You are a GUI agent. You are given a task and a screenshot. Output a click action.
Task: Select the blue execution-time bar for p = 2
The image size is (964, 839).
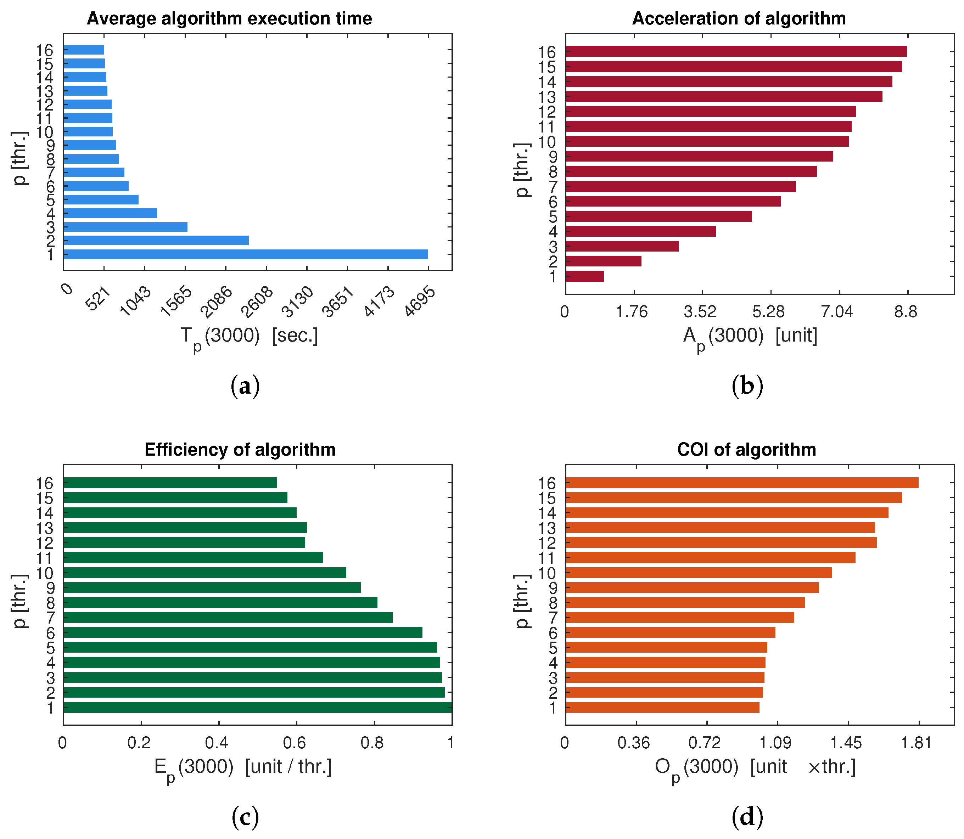click(156, 241)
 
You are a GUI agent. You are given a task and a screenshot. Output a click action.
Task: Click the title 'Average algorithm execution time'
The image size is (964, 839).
click(230, 19)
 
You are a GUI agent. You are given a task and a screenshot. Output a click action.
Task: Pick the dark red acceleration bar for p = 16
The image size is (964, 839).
click(736, 51)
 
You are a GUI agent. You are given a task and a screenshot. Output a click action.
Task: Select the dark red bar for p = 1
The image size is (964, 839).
click(584, 276)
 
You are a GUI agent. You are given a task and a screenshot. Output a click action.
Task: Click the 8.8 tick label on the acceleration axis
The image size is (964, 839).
click(906, 312)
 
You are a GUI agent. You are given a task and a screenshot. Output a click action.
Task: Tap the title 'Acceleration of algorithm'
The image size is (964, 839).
click(739, 19)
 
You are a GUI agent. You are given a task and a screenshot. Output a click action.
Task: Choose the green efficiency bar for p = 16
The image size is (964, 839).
click(170, 483)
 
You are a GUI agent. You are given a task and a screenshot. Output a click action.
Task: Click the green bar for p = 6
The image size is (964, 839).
click(243, 632)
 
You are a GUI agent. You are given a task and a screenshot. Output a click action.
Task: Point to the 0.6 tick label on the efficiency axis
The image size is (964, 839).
click(295, 743)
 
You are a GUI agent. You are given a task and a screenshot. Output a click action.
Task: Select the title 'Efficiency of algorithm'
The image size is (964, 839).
click(240, 450)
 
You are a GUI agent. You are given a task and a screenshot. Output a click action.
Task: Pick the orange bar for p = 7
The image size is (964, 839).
click(680, 618)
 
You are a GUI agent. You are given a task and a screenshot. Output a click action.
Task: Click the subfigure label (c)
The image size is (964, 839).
click(245, 817)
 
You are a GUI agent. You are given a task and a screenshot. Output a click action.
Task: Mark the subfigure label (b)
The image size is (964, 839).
click(747, 386)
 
